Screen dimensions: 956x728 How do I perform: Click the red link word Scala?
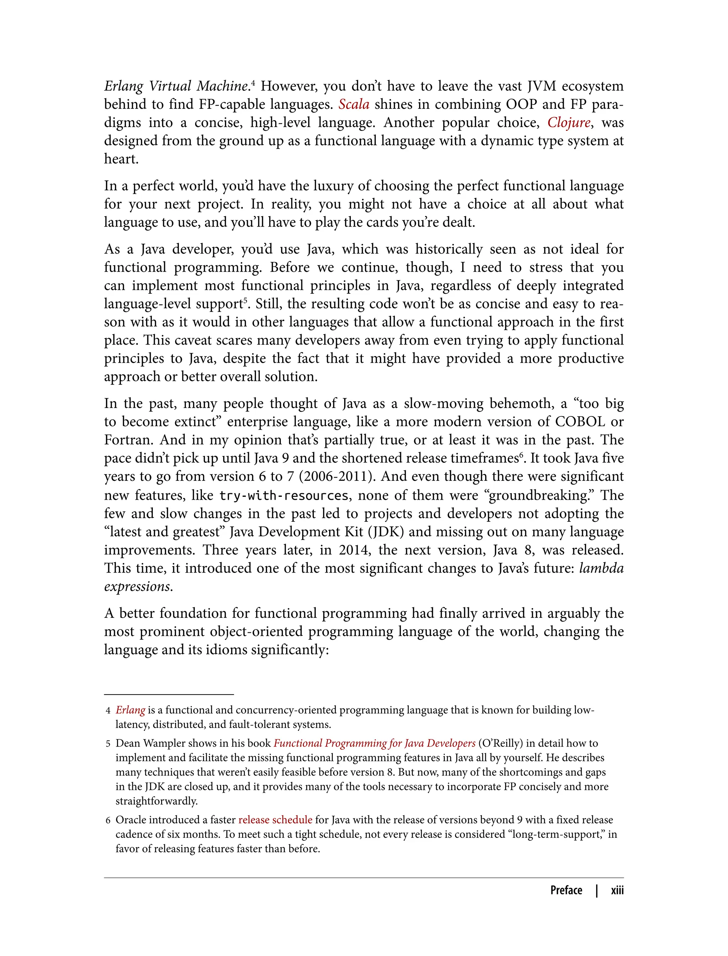click(354, 105)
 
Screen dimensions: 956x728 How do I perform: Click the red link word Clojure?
click(568, 123)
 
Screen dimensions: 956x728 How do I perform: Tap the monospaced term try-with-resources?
click(284, 495)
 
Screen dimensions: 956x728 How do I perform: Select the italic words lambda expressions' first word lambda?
click(601, 568)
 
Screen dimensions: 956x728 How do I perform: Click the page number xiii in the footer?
click(617, 890)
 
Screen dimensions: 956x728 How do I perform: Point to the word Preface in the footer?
click(566, 890)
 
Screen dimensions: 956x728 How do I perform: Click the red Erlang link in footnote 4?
click(130, 710)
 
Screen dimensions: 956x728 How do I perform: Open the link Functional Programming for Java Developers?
click(374, 743)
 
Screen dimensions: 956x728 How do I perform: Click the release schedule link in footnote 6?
click(275, 820)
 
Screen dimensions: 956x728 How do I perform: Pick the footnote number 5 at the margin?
click(108, 744)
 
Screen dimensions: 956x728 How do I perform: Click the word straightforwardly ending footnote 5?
click(156, 801)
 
